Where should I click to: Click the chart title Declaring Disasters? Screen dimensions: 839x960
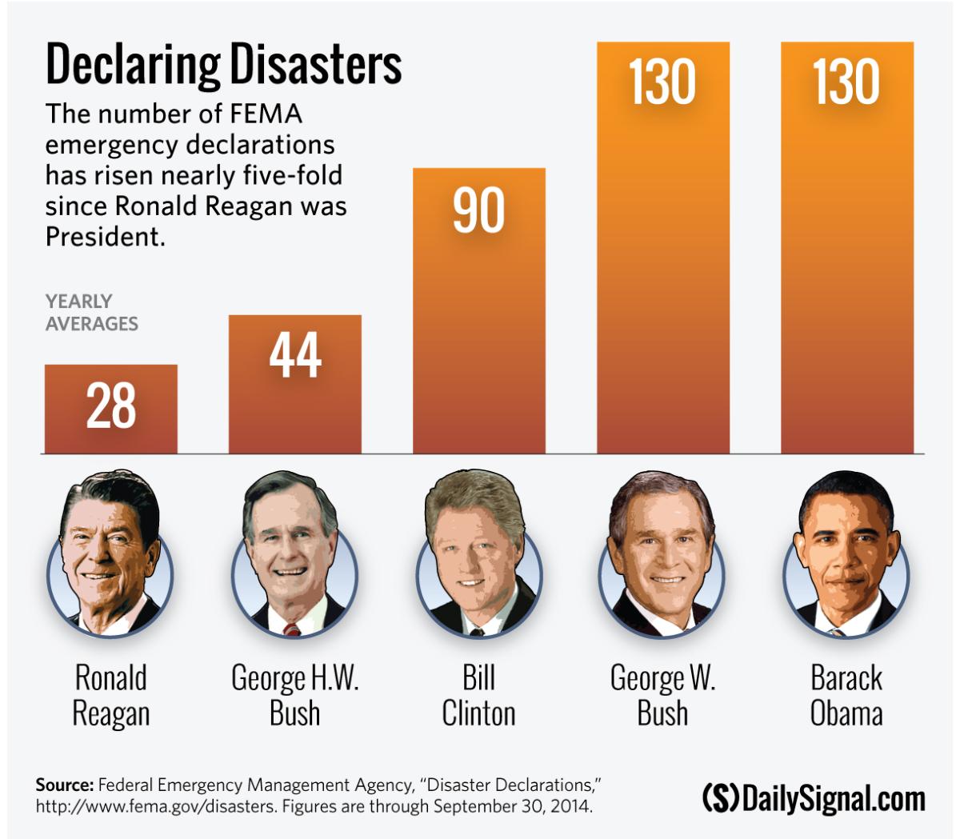[x=223, y=65]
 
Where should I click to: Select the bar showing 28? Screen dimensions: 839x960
[x=111, y=409]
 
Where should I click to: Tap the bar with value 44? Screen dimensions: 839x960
[x=295, y=384]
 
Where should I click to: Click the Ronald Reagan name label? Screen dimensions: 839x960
[x=111, y=695]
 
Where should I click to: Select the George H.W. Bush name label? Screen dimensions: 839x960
[x=295, y=695]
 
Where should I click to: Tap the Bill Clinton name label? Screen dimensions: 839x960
[x=478, y=695]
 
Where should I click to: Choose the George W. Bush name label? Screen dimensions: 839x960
[x=662, y=695]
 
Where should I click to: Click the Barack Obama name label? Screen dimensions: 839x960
[x=846, y=695]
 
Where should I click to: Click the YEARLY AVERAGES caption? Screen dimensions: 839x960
[x=91, y=313]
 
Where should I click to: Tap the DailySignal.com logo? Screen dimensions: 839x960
[x=813, y=798]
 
